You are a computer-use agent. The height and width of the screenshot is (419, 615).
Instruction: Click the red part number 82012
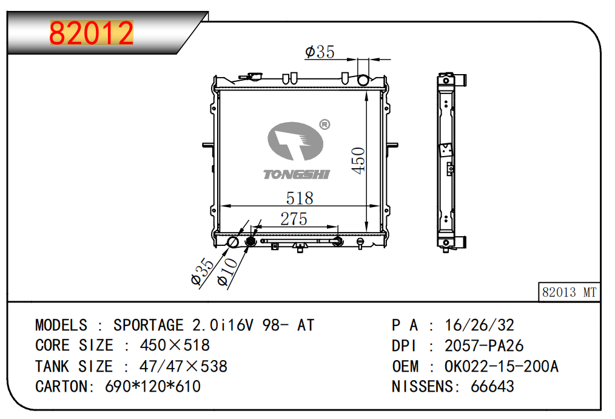point(92,33)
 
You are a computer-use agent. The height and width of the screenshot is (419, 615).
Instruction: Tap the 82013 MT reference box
point(569,292)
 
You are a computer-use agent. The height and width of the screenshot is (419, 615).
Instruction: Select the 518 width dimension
point(300,198)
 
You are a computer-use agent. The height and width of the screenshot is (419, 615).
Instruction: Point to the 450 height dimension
point(358,160)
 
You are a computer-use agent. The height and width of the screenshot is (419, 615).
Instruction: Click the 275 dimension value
point(294,219)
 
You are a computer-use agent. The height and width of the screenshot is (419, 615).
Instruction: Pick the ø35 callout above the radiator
point(320,52)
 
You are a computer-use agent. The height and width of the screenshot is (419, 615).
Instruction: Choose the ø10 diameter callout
point(228,272)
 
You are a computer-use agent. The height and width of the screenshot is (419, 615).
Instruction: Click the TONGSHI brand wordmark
point(297,174)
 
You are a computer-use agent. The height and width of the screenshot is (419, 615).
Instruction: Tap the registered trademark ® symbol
point(324,124)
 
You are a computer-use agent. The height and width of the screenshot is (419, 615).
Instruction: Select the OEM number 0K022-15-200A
point(501,366)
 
